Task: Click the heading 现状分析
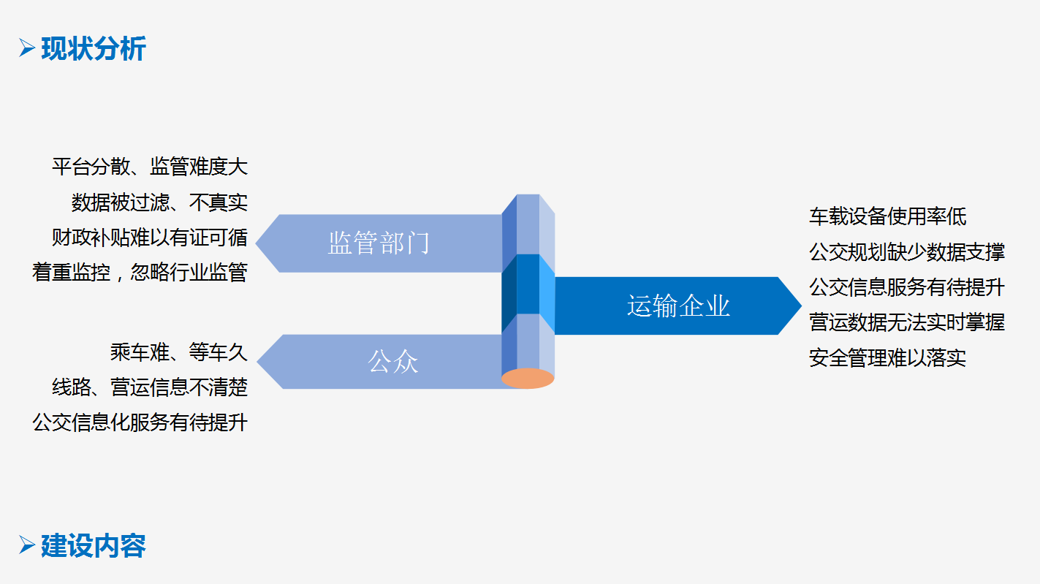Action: click(x=94, y=49)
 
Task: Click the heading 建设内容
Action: click(x=94, y=545)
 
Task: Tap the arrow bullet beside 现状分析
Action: click(x=27, y=49)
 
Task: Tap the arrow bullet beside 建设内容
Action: click(x=27, y=545)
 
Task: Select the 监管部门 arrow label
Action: click(x=379, y=243)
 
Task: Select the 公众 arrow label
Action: click(x=393, y=362)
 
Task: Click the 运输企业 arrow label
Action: click(x=678, y=306)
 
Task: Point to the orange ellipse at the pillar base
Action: click(x=528, y=379)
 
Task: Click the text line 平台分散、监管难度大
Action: click(x=150, y=167)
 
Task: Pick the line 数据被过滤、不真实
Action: click(x=159, y=202)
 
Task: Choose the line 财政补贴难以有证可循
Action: click(x=150, y=238)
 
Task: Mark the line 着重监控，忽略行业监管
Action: click(x=140, y=273)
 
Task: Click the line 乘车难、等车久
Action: click(x=179, y=352)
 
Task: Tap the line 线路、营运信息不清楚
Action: click(x=150, y=387)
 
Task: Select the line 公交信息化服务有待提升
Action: click(x=140, y=422)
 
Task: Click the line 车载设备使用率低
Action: click(x=887, y=216)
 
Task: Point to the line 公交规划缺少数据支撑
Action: click(x=907, y=252)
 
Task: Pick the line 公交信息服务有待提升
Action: click(x=907, y=287)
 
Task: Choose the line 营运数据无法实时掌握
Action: click(x=907, y=322)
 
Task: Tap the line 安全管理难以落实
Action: click(x=887, y=358)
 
